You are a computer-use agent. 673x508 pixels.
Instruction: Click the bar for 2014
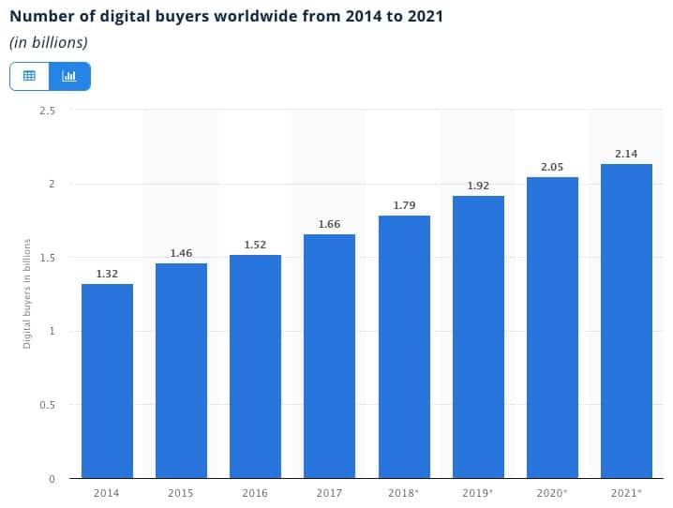[107, 381]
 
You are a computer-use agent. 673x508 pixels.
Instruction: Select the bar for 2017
[329, 356]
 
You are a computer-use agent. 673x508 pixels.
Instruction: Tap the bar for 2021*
[626, 321]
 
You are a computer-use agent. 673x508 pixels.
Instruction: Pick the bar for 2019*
[478, 336]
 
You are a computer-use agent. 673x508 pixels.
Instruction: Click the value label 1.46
[181, 253]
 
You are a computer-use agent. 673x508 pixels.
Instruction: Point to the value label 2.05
[552, 167]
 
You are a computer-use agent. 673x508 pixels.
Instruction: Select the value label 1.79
[404, 205]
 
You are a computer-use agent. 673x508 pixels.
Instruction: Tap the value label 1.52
[255, 245]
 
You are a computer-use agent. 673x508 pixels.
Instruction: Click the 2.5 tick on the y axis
[48, 110]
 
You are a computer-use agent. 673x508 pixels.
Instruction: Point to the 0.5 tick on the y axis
[48, 405]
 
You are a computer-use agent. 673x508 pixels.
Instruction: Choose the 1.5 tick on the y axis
[48, 257]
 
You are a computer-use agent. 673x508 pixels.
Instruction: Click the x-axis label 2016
[255, 493]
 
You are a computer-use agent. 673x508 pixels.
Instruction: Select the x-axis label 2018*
[404, 493]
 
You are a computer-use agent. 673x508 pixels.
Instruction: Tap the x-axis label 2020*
[552, 493]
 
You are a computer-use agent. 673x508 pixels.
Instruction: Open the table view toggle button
[29, 76]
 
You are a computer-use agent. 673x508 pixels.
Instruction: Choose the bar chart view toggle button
[69, 76]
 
